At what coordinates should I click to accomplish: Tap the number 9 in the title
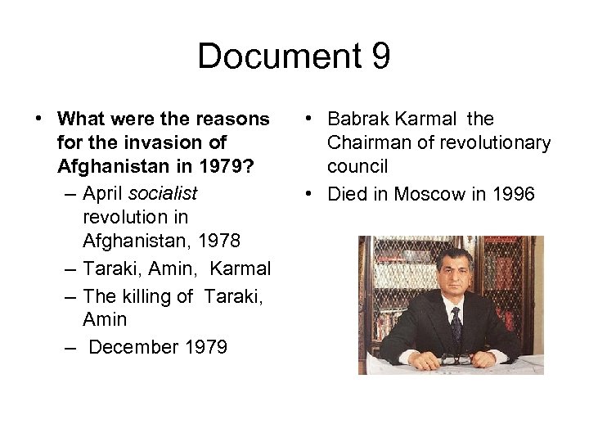point(379,57)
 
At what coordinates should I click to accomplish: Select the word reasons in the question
point(235,120)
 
